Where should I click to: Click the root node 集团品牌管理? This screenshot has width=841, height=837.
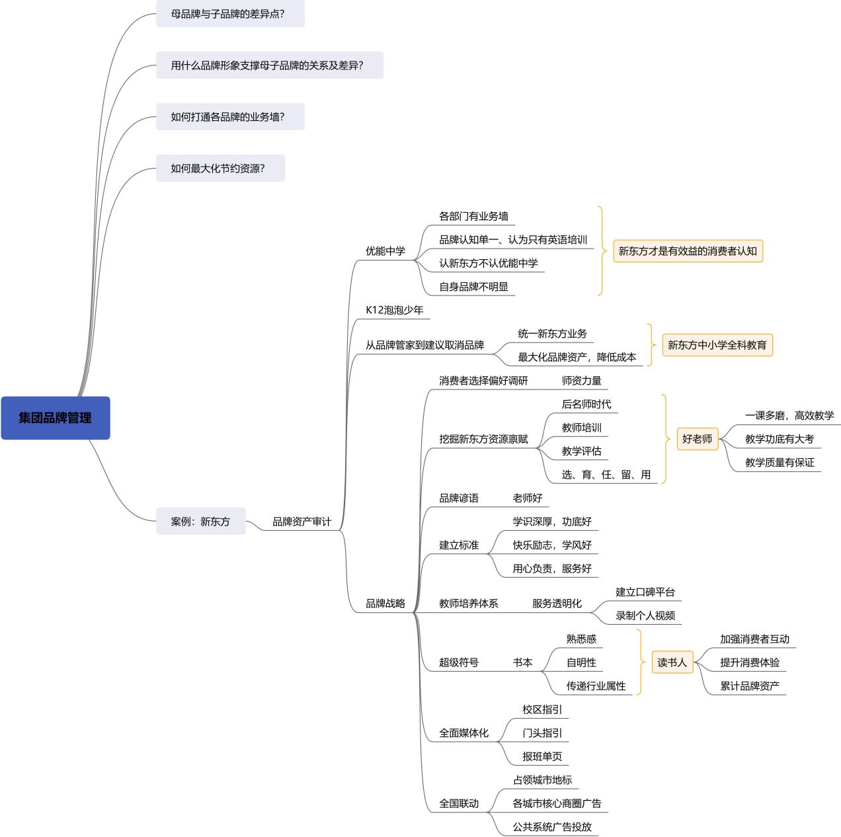[56, 418]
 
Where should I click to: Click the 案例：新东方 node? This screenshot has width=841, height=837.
[200, 522]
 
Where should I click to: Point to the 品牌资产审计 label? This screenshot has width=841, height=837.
[301, 522]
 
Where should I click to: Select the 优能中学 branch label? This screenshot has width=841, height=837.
[385, 251]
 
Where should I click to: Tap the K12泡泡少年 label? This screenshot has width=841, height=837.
[395, 309]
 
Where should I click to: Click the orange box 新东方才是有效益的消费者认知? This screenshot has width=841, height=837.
[688, 251]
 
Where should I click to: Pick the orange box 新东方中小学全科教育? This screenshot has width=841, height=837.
[717, 345]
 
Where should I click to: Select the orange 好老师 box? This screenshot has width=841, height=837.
[698, 439]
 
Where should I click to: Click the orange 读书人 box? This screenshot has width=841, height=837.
[672, 662]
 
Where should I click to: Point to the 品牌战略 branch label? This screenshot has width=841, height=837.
[385, 604]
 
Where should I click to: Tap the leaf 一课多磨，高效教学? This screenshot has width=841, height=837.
[789, 416]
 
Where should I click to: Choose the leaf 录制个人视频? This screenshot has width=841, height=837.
[645, 616]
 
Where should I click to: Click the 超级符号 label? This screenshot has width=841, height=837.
[459, 662]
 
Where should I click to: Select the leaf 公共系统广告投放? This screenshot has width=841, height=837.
[552, 827]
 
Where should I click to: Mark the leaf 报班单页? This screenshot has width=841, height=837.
[542, 756]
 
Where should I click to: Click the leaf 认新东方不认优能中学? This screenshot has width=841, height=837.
[489, 263]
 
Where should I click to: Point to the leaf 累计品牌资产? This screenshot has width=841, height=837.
[750, 686]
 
